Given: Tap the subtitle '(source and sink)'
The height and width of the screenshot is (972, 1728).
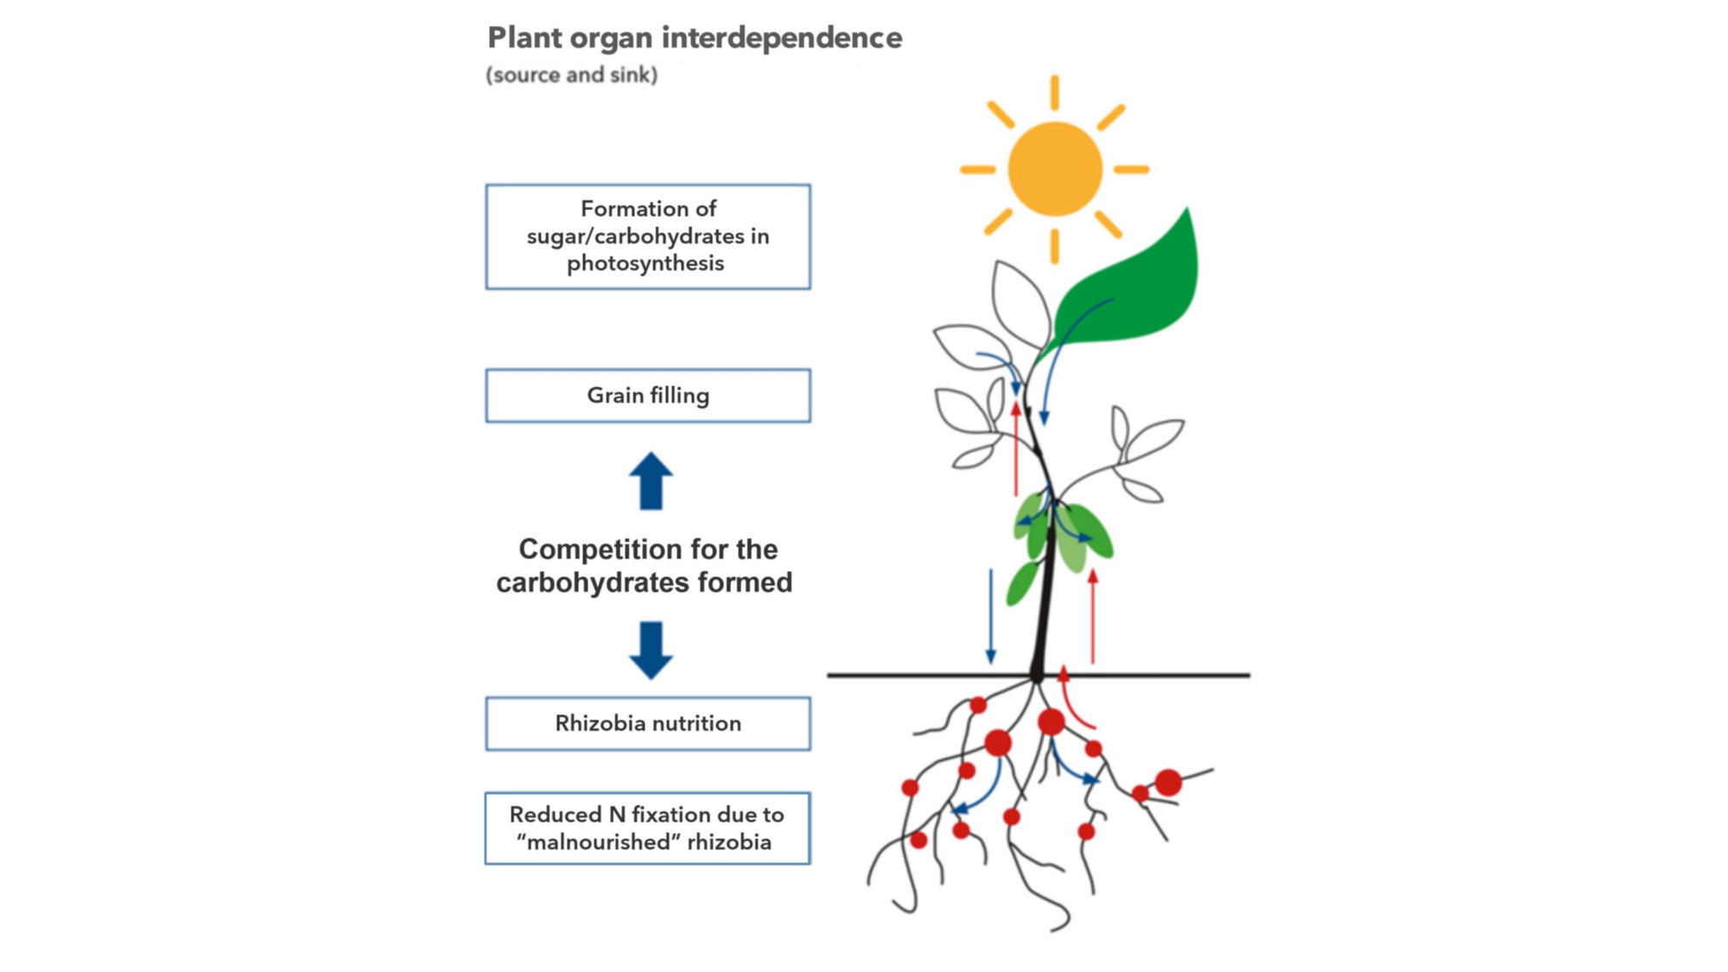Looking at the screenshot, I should coord(571,75).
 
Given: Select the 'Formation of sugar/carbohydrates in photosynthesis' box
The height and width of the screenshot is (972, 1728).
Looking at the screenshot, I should coord(648,236).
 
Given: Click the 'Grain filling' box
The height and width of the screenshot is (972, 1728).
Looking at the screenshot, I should coord(648,396).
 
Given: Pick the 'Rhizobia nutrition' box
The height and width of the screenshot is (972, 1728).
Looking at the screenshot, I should coord(648,723).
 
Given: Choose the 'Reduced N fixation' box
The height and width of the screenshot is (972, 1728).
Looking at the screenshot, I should coord(648,828).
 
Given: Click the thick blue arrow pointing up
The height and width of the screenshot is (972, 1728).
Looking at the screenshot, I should coord(651,480).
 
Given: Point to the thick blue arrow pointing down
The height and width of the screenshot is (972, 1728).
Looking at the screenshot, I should coord(651,650).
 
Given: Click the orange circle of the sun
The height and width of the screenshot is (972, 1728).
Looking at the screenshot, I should coord(1054,168).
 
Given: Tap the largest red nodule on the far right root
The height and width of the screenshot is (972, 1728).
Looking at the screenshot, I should coord(1168,782).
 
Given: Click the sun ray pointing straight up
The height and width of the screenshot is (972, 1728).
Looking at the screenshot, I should coord(1054,92).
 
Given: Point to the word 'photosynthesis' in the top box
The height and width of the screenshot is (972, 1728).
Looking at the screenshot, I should coord(645,264).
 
